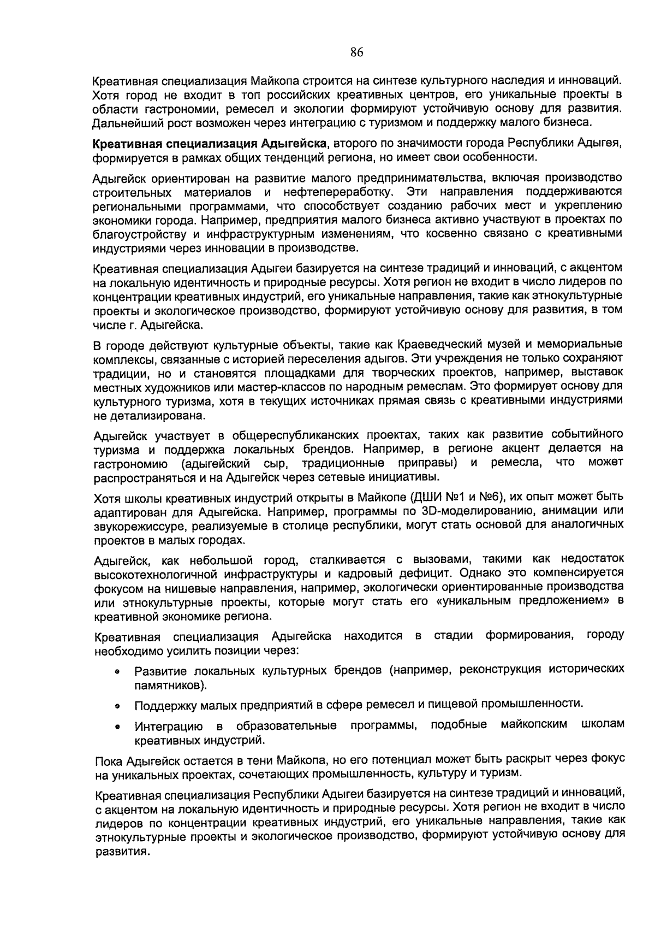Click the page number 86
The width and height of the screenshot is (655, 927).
[356, 52]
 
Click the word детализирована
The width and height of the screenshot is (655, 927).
[144, 416]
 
